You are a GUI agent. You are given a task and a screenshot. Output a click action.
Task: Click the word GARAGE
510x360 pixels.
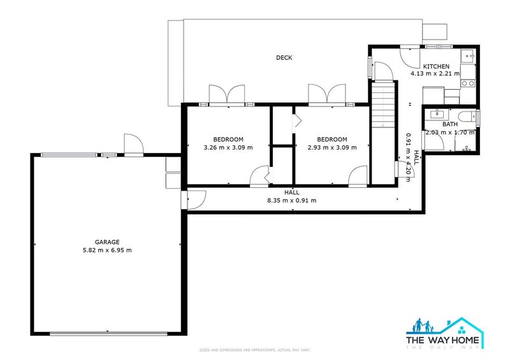pos(107,242)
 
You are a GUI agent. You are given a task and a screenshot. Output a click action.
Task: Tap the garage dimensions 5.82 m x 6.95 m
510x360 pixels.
pos(107,250)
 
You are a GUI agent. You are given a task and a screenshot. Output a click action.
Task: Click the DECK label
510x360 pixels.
pos(284,58)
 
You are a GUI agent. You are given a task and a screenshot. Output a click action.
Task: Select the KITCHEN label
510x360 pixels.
pos(437,66)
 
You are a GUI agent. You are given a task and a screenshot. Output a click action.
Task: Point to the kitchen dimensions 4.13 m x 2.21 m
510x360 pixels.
pos(437,74)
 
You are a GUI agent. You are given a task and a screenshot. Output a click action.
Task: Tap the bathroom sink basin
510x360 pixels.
pos(437,114)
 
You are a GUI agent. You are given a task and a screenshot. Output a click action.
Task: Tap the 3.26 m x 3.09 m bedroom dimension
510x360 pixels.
pos(228,147)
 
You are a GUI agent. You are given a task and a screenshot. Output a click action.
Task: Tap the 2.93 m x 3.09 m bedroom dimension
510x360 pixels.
pos(332,147)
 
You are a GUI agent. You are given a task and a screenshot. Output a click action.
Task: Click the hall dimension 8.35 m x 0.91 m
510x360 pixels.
pos(292,200)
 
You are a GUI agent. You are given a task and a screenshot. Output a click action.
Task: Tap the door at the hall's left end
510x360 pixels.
pos(194,200)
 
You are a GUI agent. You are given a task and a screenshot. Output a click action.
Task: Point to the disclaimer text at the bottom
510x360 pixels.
pos(254,350)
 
